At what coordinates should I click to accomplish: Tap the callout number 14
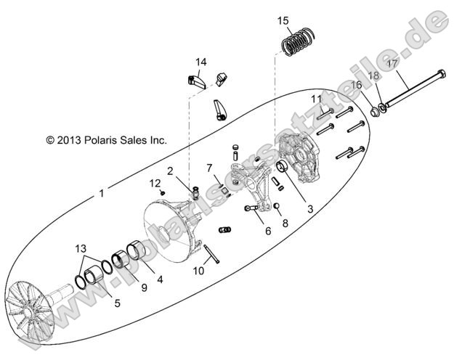pos(201,62)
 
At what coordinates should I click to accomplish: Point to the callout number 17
pos(392,63)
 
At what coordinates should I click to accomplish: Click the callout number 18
pos(373,75)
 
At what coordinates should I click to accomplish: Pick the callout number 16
pos(356,85)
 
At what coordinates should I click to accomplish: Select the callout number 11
pos(317,98)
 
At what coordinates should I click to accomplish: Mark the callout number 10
pos(198,271)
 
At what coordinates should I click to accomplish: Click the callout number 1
pos(101,195)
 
